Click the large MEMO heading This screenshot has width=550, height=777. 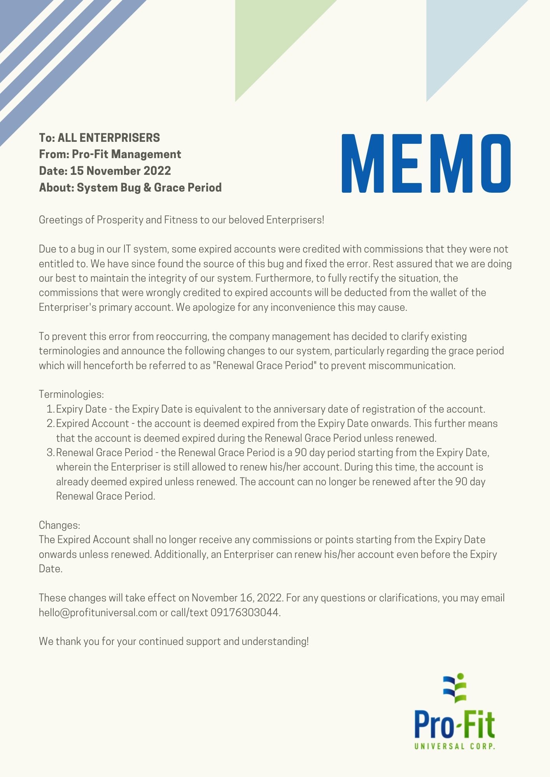click(x=426, y=164)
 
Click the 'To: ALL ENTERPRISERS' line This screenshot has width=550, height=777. click(x=99, y=138)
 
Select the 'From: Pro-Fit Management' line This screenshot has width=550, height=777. click(x=110, y=155)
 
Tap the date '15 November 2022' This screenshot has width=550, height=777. click(x=121, y=171)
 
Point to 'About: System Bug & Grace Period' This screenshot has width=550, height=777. click(x=130, y=188)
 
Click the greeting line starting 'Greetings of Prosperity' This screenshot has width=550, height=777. click(x=181, y=220)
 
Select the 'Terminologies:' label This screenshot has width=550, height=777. click(x=71, y=394)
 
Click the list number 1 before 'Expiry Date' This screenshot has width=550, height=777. click(x=50, y=409)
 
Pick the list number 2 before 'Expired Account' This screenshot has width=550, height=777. click(x=50, y=423)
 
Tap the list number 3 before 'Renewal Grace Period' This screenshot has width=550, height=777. click(x=50, y=453)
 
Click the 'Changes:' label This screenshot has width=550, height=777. click(x=60, y=525)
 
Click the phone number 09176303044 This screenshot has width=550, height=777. click(x=245, y=613)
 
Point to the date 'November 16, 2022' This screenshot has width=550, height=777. click(x=236, y=598)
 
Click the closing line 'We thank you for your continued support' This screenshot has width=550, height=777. click(x=173, y=641)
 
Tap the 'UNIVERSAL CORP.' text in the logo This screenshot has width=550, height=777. click(x=455, y=746)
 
